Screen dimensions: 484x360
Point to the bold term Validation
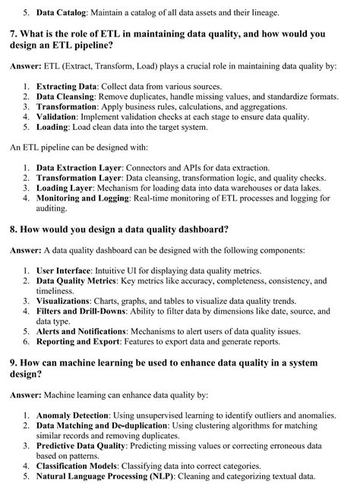pos(59,117)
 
